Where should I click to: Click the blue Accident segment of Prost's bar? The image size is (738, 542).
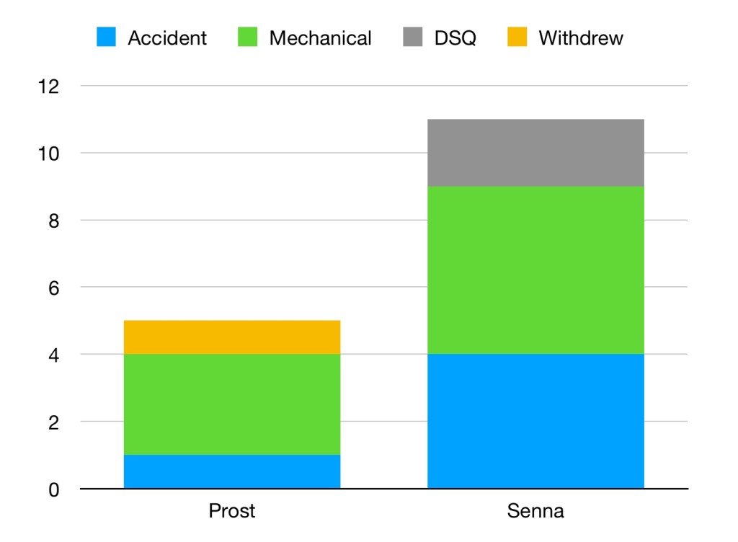tap(232, 471)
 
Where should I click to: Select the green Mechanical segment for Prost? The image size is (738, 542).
tap(232, 404)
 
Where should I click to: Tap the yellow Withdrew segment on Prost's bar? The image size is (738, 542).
tap(232, 337)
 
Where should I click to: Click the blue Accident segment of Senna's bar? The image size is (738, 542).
tap(535, 421)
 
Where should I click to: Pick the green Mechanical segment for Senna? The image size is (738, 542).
tap(535, 270)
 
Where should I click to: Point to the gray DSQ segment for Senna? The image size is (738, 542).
tap(535, 153)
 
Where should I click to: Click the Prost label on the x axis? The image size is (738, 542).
tap(232, 512)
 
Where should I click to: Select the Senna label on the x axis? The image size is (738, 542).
tap(535, 512)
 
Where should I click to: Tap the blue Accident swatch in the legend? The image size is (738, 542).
tap(107, 37)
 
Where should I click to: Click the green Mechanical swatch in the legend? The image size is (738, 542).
tap(248, 37)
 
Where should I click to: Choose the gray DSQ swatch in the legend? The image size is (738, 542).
tap(413, 37)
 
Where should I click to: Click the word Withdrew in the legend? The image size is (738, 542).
tap(581, 37)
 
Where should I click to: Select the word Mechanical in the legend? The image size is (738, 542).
tap(320, 37)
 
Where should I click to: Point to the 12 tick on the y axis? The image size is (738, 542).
tap(49, 86)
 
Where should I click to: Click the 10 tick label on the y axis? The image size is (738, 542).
tap(49, 154)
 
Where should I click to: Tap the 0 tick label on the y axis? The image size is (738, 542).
tap(53, 489)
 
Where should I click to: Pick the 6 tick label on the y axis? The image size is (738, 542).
tap(53, 288)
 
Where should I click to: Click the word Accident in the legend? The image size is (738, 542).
tap(167, 37)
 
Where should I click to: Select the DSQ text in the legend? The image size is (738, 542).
tap(455, 37)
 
